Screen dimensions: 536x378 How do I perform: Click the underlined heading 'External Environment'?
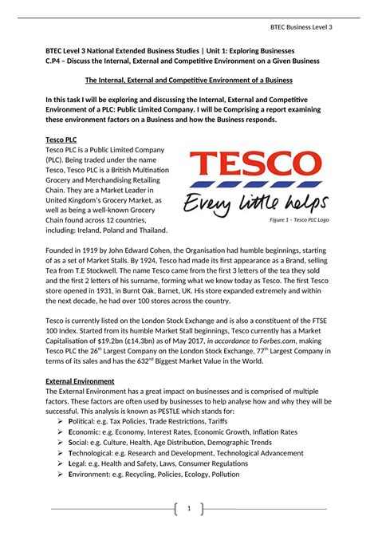pyautogui.click(x=80, y=381)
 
